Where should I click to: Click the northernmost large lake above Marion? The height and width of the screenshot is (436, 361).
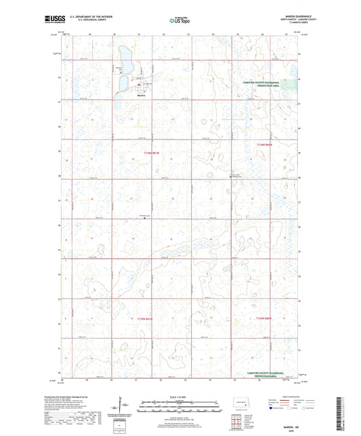125,56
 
